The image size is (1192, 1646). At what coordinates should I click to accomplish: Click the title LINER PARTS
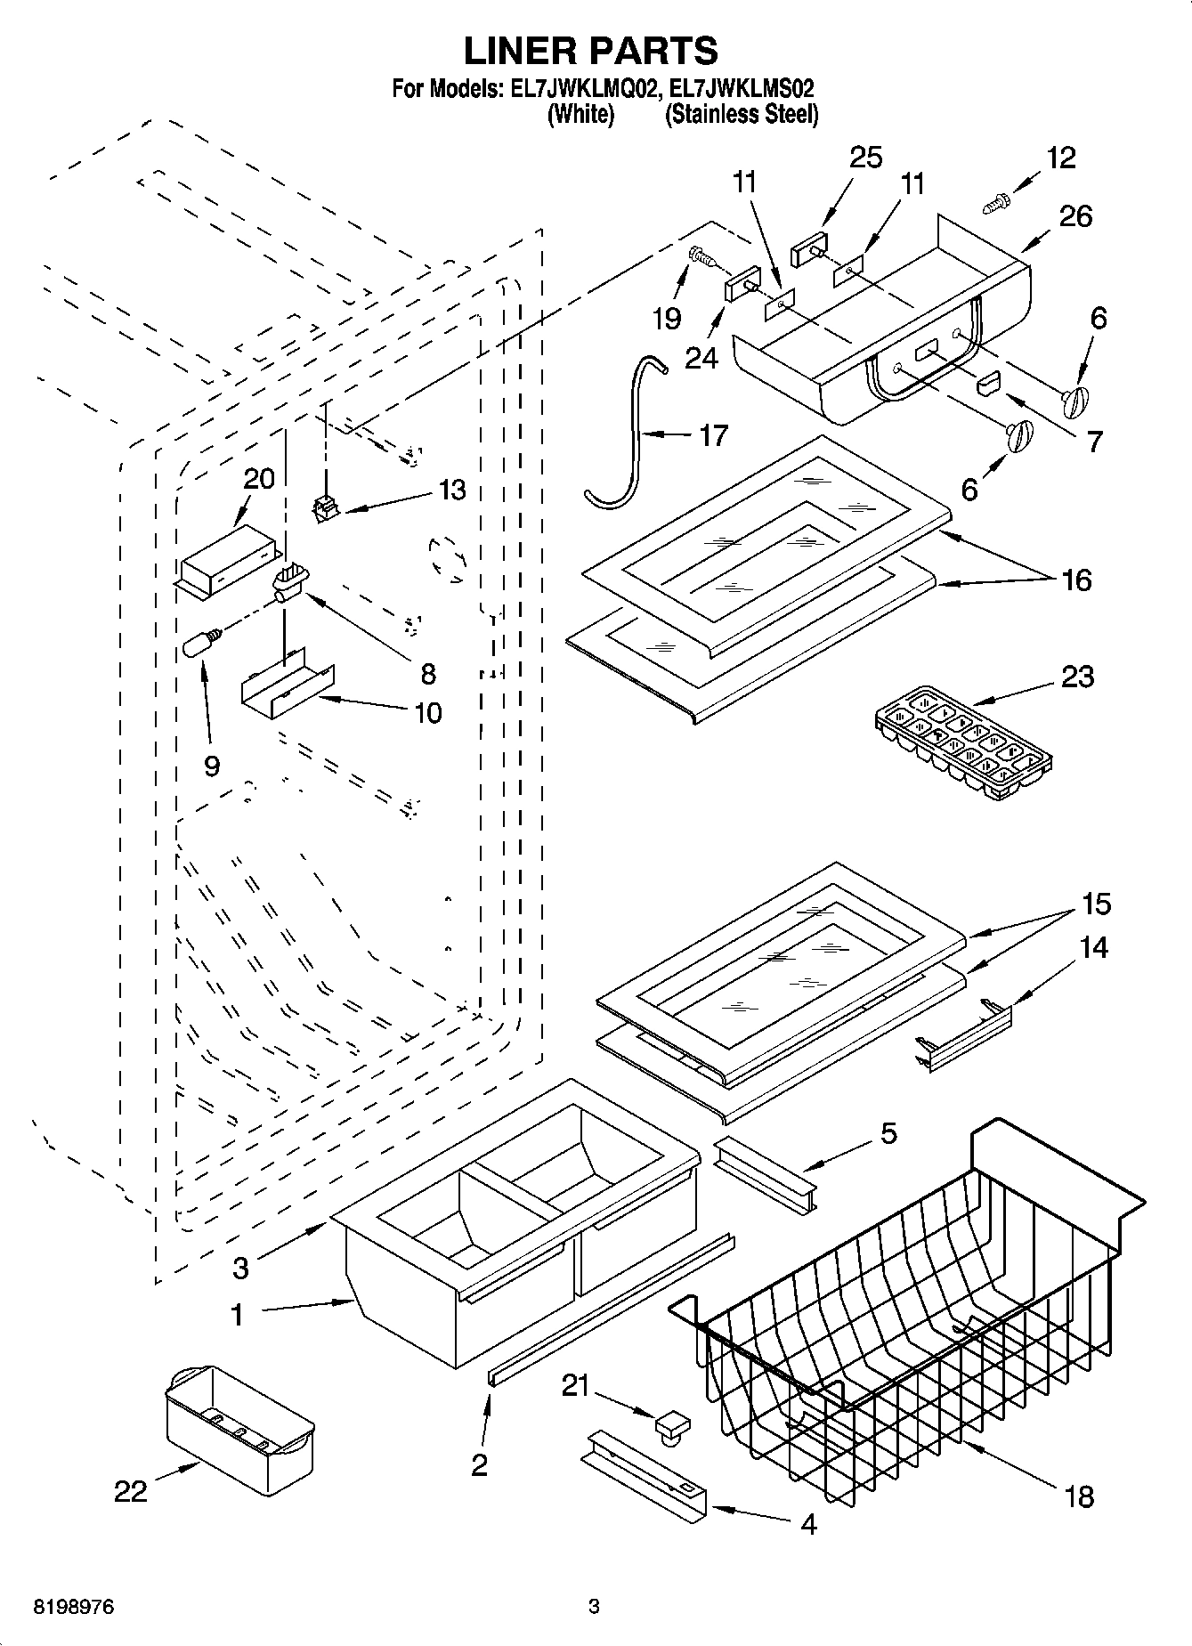[x=591, y=51]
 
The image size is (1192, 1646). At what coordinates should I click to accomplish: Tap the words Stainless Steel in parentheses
[x=742, y=114]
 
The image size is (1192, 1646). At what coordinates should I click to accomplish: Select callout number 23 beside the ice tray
[x=1077, y=677]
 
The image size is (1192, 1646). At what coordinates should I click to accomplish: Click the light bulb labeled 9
[x=198, y=645]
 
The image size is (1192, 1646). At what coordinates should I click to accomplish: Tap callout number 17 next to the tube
[x=713, y=435]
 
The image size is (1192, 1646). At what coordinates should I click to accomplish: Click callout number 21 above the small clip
[x=576, y=1385]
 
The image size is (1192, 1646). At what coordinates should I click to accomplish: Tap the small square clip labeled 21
[x=673, y=1423]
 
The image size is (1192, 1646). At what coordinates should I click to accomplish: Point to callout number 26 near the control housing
[x=1075, y=216]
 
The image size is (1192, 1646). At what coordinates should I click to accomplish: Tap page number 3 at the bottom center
[x=594, y=1607]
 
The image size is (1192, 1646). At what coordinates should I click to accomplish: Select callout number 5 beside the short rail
[x=888, y=1133]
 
